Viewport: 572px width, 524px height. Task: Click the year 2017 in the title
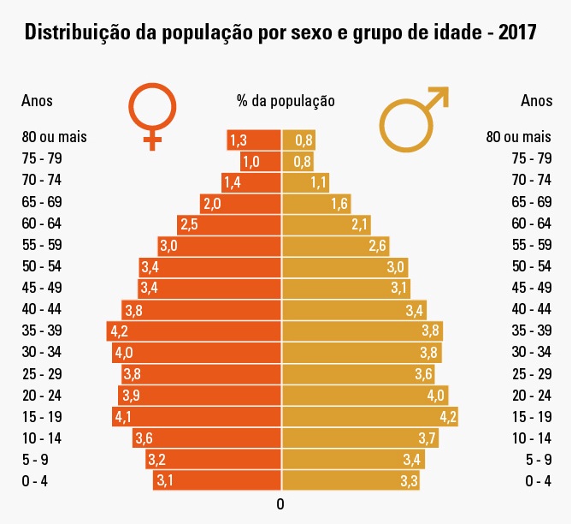(x=512, y=33)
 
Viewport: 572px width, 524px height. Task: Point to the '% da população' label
(x=286, y=100)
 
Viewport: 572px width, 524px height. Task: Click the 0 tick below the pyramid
(x=280, y=503)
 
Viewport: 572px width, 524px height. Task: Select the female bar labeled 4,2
(x=194, y=330)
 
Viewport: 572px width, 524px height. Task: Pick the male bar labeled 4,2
(x=370, y=417)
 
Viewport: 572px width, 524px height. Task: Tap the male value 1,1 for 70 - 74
(x=319, y=182)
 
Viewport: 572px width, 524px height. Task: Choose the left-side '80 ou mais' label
(x=55, y=136)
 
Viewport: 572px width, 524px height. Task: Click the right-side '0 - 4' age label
(x=538, y=480)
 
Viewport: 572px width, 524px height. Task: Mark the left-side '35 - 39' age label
(x=40, y=330)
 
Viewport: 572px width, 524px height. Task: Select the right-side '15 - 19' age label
(x=532, y=416)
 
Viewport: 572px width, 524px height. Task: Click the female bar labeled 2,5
(x=229, y=224)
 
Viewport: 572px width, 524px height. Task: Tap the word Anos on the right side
(x=536, y=100)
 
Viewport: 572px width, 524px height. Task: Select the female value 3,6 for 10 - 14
(x=144, y=438)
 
